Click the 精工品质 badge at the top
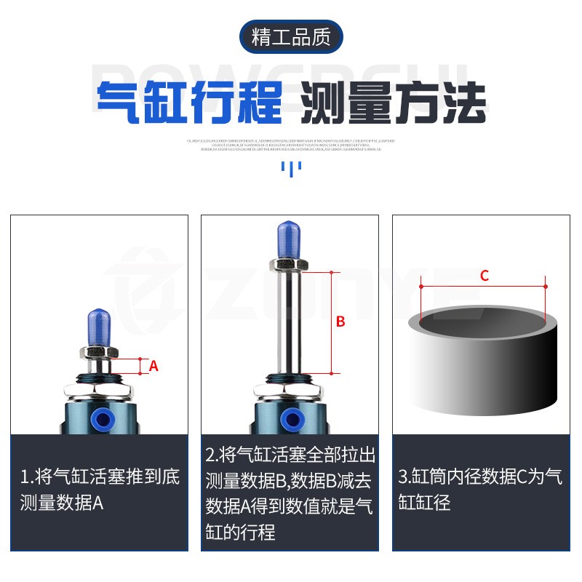click(x=291, y=37)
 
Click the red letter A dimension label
click(x=154, y=366)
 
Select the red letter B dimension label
click(x=340, y=322)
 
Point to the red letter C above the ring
click(x=484, y=276)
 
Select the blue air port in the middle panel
click(x=292, y=418)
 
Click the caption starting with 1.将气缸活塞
click(x=99, y=490)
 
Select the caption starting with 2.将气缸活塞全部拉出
click(x=290, y=493)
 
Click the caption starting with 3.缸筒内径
click(x=480, y=490)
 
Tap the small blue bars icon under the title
click(x=291, y=169)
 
